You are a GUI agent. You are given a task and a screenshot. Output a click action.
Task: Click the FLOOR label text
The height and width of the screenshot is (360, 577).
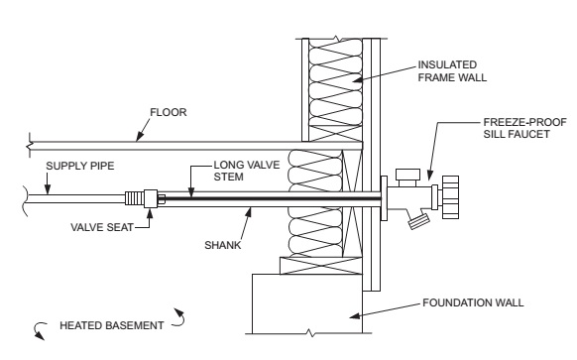click(169, 112)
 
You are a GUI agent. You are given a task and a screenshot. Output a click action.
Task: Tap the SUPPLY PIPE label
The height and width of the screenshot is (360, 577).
click(80, 166)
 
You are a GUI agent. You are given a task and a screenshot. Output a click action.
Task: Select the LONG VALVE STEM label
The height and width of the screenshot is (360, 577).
click(247, 171)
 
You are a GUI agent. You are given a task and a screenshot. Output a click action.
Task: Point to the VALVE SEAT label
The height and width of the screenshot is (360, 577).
click(102, 227)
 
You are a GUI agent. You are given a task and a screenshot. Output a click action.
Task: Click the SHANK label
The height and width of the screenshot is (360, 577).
click(223, 245)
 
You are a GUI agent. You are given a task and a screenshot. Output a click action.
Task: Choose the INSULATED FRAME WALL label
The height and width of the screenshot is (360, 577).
click(452, 71)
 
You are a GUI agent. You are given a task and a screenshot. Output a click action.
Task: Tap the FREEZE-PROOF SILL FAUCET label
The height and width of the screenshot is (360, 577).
click(524, 128)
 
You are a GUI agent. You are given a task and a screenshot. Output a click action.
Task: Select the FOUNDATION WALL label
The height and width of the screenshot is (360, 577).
click(473, 302)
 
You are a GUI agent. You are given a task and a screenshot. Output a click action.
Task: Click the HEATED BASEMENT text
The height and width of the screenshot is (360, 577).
click(111, 325)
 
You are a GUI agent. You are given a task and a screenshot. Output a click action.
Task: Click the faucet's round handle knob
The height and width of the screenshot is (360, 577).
click(450, 197)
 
